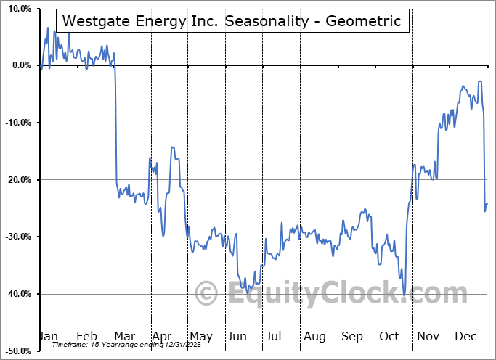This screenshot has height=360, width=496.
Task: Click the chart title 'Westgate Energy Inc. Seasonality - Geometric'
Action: point(232,20)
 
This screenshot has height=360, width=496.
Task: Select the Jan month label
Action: point(48,336)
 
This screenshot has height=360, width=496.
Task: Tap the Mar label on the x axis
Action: point(125,336)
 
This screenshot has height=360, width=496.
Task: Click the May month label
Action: point(200,336)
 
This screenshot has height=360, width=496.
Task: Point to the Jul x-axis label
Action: point(274,336)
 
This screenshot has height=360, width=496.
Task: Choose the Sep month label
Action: point(352,336)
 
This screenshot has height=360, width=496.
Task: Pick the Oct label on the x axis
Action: point(389,336)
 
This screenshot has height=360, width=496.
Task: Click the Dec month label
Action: point(466,336)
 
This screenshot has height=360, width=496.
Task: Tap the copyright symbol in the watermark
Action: point(207,294)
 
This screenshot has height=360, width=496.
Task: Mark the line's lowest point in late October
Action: point(404,295)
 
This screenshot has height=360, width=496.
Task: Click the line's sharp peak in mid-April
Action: point(172,147)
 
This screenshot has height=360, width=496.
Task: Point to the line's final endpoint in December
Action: point(487,204)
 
